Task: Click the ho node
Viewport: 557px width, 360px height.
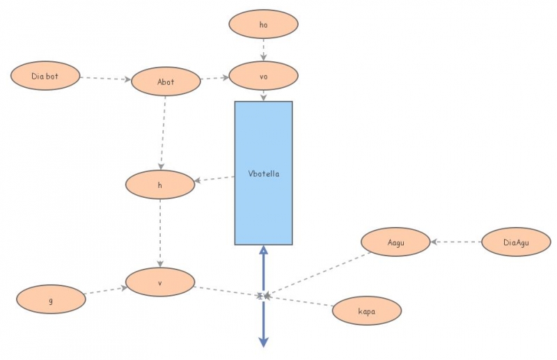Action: (x=263, y=24)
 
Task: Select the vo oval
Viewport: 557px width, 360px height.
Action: (x=263, y=75)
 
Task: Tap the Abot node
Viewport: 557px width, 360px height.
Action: (x=166, y=81)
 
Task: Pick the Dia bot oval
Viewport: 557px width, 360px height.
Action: (x=45, y=76)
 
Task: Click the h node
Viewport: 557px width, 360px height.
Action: (x=160, y=185)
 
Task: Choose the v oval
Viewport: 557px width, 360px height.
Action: (x=160, y=282)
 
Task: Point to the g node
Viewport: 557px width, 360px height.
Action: (x=51, y=299)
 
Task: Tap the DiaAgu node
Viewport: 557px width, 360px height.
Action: (x=516, y=242)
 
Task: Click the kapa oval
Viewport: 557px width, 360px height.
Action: (x=367, y=311)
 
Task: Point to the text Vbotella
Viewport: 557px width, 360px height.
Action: (x=263, y=173)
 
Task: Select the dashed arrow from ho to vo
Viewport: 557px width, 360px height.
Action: (x=263, y=49)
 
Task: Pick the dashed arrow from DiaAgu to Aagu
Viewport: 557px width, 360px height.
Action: (x=456, y=242)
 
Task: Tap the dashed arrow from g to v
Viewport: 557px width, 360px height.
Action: (x=106, y=290)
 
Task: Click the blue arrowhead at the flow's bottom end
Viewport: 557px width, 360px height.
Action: (x=263, y=341)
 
